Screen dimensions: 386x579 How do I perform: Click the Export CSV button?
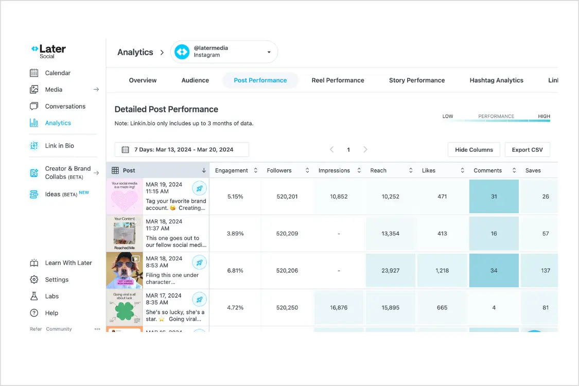click(527, 150)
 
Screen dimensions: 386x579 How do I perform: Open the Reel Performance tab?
click(338, 80)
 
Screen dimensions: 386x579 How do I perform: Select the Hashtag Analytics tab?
click(496, 80)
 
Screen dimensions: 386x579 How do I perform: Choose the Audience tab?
click(195, 80)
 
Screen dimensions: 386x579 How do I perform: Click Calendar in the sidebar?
click(57, 73)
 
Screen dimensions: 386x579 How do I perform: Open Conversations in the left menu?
click(65, 107)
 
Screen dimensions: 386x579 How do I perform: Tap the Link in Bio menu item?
click(59, 146)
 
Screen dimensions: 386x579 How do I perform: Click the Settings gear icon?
click(34, 279)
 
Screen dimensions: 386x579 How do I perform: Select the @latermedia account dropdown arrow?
click(269, 52)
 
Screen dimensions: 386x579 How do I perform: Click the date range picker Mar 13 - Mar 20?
click(182, 150)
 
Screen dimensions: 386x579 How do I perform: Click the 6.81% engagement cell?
click(235, 271)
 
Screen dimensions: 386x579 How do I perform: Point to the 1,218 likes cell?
click(442, 271)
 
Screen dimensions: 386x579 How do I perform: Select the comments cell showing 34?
click(494, 271)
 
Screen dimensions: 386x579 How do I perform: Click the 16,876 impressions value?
click(339, 308)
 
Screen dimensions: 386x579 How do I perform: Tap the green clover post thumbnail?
click(124, 308)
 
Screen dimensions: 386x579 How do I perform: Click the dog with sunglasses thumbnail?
click(124, 271)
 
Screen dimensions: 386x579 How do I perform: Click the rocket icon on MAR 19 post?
click(199, 188)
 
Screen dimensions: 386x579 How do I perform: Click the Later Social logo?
click(48, 51)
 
